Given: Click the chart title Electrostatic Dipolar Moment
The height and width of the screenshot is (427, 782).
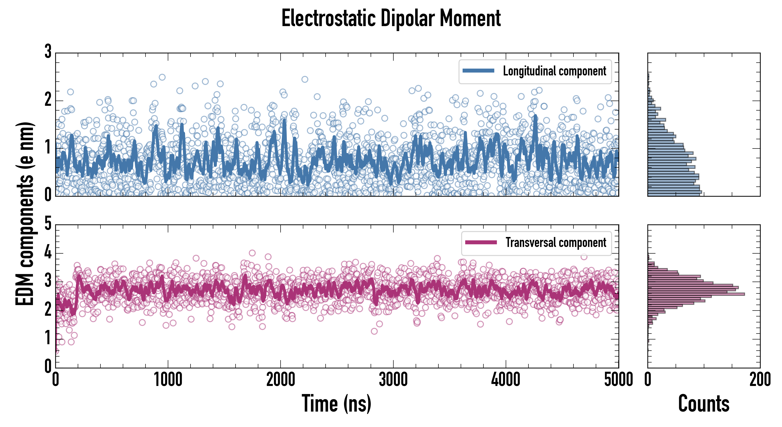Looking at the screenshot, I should pos(391,19).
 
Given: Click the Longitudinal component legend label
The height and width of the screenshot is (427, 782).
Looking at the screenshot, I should pos(554,71).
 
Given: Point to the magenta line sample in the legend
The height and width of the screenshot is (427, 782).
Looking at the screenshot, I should pos(481,242).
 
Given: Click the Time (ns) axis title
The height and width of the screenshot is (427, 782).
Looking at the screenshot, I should pos(336,404).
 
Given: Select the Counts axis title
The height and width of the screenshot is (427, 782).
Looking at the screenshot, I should pos(704,404).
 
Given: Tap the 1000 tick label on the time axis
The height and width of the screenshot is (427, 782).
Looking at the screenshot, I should pos(168,380).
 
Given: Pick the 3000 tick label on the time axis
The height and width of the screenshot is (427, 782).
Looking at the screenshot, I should pos(393,380).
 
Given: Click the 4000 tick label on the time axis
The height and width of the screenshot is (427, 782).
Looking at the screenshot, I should pos(506,380).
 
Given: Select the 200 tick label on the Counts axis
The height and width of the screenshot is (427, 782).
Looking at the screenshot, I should pos(760,380).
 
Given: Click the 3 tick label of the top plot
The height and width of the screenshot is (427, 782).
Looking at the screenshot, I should pos(48,52).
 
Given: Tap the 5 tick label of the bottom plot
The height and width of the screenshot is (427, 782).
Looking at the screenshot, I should pos(48,224).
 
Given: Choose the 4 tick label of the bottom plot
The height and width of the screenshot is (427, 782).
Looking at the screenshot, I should pos(48,253).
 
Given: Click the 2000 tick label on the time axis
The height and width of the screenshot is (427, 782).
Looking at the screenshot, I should pos(281,380).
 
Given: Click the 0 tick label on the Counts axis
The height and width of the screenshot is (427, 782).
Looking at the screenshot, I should pos(648,380).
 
